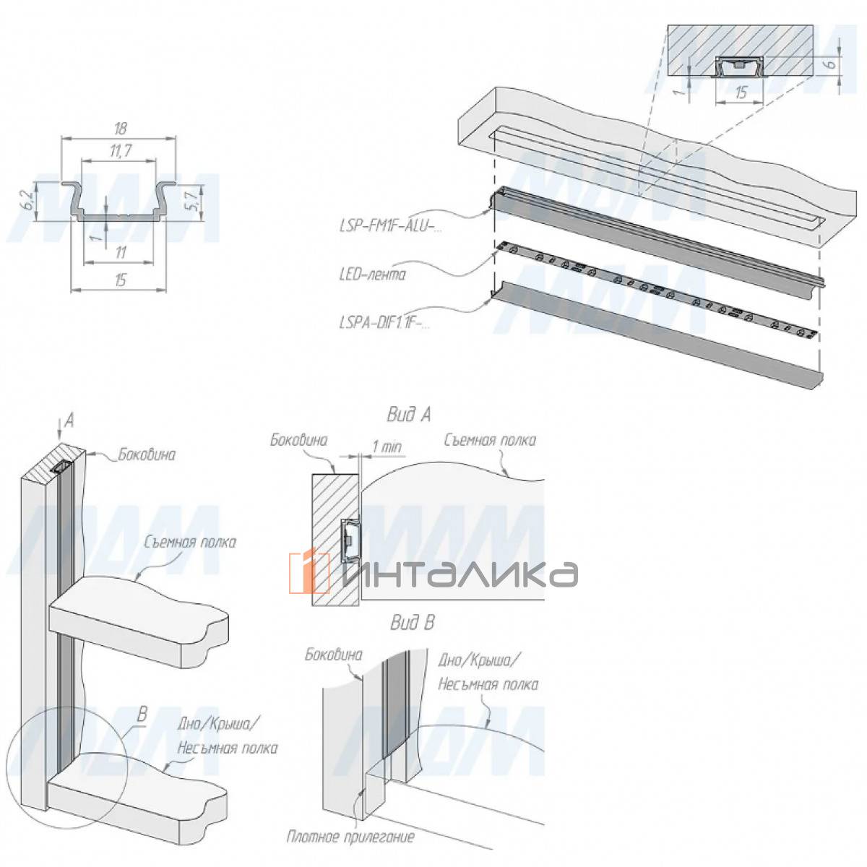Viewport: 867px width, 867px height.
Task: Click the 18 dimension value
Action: [120, 129]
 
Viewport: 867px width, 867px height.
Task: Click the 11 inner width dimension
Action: [120, 252]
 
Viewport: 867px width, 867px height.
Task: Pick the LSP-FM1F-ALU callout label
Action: [390, 226]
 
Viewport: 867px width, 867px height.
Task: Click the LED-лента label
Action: [372, 275]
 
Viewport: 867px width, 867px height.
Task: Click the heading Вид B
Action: [413, 622]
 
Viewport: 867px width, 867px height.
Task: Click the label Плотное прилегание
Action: [350, 837]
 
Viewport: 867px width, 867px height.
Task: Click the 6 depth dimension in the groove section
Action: [830, 63]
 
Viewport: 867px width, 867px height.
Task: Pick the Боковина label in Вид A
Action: [300, 439]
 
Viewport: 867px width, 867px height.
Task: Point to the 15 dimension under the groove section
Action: [741, 92]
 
